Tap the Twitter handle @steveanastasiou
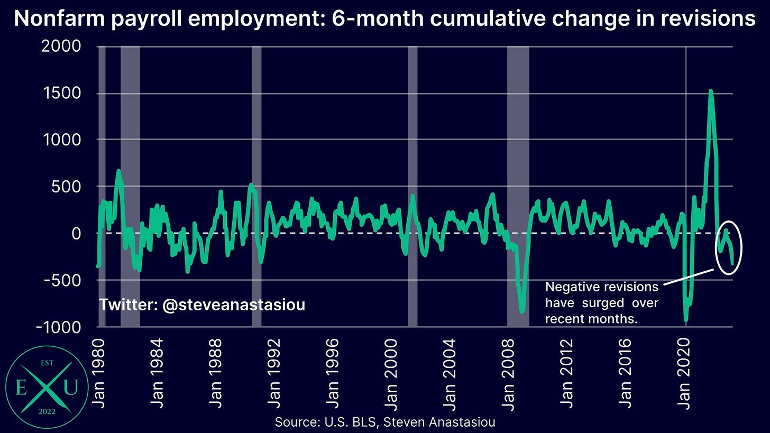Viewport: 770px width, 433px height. (202, 305)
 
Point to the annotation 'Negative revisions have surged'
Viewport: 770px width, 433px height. (601, 302)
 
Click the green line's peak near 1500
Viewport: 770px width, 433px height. (710, 91)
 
